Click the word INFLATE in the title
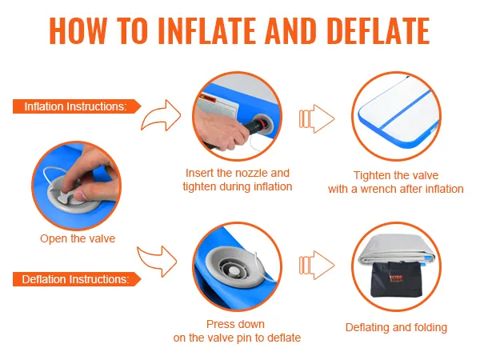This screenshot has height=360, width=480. (207, 31)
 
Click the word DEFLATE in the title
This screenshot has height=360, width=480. (378, 31)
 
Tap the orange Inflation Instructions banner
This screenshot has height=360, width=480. (77, 106)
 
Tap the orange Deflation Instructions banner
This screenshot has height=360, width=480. (77, 279)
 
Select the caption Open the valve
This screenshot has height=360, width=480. (78, 238)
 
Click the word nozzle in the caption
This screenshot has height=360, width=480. (248, 173)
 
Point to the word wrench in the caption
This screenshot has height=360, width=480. (378, 189)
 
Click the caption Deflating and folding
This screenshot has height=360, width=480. (396, 327)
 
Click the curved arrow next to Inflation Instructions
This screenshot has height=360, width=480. (162, 116)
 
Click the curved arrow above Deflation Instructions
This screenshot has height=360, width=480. (157, 260)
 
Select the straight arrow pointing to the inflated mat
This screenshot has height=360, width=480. (317, 118)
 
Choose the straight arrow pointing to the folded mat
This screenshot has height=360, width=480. (317, 265)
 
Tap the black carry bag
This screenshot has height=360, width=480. (396, 279)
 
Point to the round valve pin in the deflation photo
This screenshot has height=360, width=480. (234, 270)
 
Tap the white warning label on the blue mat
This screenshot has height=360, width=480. (218, 106)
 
